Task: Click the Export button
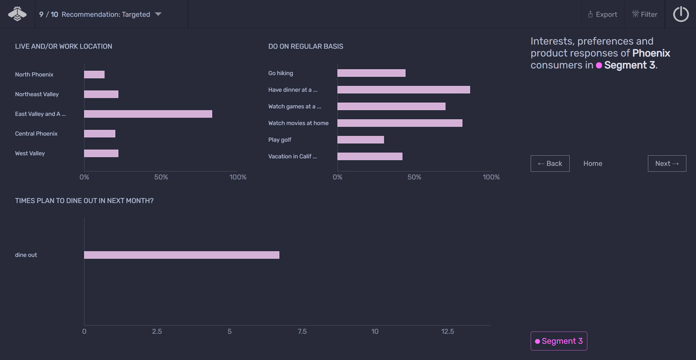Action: [602, 14]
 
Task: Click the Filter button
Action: [645, 14]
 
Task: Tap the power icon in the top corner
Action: [681, 14]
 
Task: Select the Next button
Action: [666, 163]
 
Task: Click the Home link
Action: [592, 163]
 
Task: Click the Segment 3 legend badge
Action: [559, 341]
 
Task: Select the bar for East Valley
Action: [148, 114]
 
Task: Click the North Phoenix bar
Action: [94, 74]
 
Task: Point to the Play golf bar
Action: [360, 140]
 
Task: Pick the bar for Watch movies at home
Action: [399, 123]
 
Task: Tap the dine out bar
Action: [181, 255]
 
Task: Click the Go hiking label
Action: [281, 73]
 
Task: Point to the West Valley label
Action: [30, 153]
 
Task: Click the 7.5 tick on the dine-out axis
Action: [302, 331]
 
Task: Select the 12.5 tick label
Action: [447, 331]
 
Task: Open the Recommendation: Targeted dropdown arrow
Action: [158, 14]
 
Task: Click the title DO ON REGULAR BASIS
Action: [305, 47]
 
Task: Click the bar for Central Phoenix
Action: [100, 133]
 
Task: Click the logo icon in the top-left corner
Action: [17, 14]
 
